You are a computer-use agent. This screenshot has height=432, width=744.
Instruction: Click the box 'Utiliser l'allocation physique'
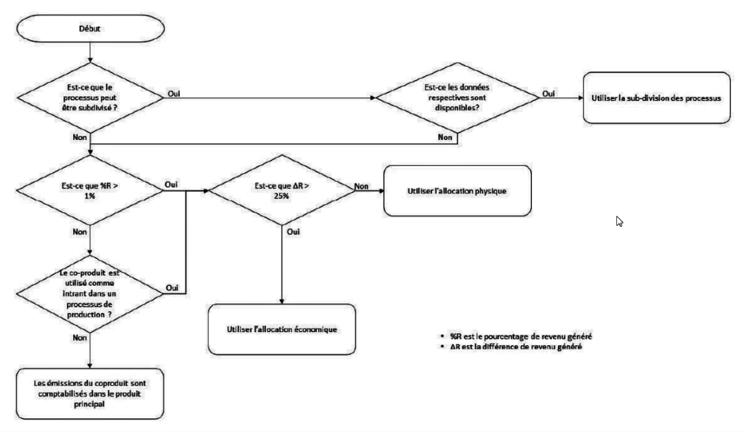click(458, 191)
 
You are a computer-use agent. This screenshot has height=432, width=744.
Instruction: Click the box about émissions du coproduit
click(91, 394)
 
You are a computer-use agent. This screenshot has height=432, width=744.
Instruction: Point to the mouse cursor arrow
click(619, 221)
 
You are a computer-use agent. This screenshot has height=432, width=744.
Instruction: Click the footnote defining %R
click(515, 336)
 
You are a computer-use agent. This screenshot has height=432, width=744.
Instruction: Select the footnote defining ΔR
click(515, 346)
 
